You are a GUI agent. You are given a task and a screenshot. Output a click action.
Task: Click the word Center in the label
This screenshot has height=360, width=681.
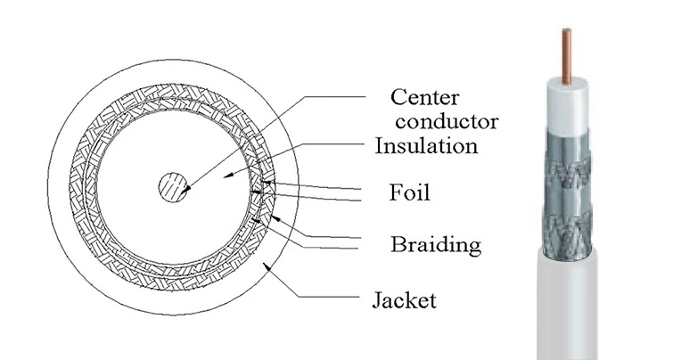426,96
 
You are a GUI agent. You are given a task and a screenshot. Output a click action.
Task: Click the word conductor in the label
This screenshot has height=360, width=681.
447,121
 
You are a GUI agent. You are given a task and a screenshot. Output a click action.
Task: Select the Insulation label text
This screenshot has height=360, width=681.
426,145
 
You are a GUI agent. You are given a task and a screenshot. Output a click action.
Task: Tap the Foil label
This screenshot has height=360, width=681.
410,192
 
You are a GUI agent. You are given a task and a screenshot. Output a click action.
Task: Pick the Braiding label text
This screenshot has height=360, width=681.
436,243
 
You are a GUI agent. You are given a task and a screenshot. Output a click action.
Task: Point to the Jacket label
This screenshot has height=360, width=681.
404,300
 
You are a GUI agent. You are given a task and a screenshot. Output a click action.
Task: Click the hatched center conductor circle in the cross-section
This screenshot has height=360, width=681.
173,188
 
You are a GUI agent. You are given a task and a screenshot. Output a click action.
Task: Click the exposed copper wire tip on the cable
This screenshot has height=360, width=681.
565,55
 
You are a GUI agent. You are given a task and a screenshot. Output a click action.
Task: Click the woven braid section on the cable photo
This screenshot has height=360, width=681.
567,205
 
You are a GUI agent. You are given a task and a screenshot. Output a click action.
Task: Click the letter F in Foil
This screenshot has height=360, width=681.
396,192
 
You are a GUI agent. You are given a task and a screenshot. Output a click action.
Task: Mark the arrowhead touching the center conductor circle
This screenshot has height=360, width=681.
184,189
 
